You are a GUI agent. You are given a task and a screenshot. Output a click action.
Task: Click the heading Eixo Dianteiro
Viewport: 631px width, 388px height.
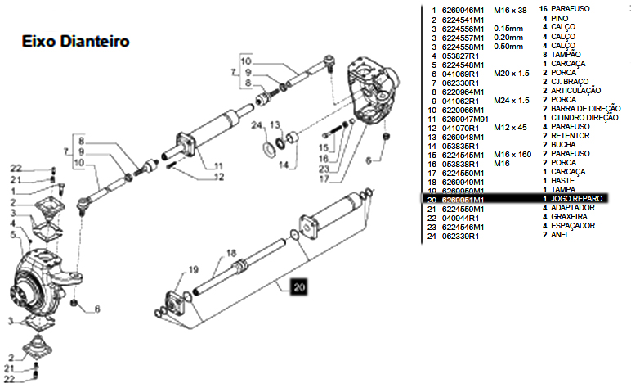coord(74,41)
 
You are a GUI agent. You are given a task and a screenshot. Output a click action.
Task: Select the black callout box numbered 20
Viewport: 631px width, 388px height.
coord(299,287)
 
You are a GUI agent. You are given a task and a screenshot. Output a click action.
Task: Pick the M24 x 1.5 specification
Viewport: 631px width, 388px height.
coord(512,100)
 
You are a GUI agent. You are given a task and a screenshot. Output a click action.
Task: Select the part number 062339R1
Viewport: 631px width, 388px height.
coord(459,236)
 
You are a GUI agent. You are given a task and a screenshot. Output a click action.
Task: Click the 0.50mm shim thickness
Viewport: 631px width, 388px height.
coord(508,46)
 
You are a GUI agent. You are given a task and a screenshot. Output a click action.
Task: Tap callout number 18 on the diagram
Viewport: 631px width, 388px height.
coord(231,253)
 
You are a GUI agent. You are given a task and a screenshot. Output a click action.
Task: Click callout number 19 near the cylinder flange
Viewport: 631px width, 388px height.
coord(194,269)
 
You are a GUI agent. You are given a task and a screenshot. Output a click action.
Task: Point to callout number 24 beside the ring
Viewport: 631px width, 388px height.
coord(256,125)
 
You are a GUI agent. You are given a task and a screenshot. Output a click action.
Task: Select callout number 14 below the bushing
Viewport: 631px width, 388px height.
coord(282,165)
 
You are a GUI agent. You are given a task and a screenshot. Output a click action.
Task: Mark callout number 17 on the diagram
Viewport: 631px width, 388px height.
coord(324,178)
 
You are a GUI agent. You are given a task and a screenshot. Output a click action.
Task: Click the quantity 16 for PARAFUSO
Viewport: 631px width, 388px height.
coord(544,9)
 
